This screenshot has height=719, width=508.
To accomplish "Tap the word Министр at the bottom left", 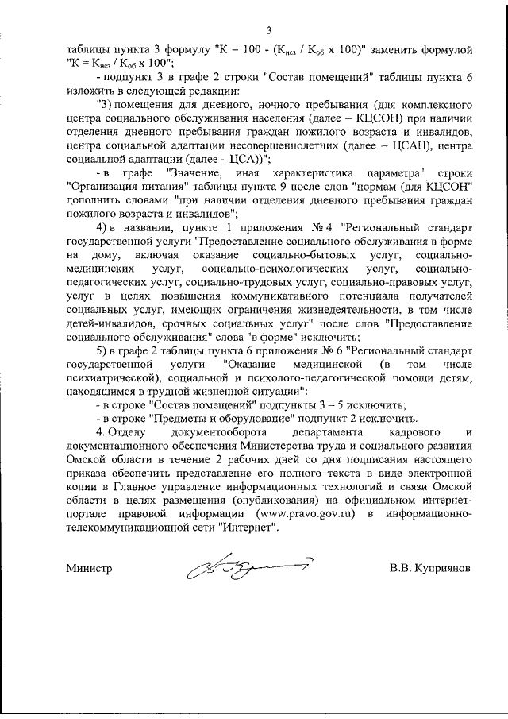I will [x=89, y=570].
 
